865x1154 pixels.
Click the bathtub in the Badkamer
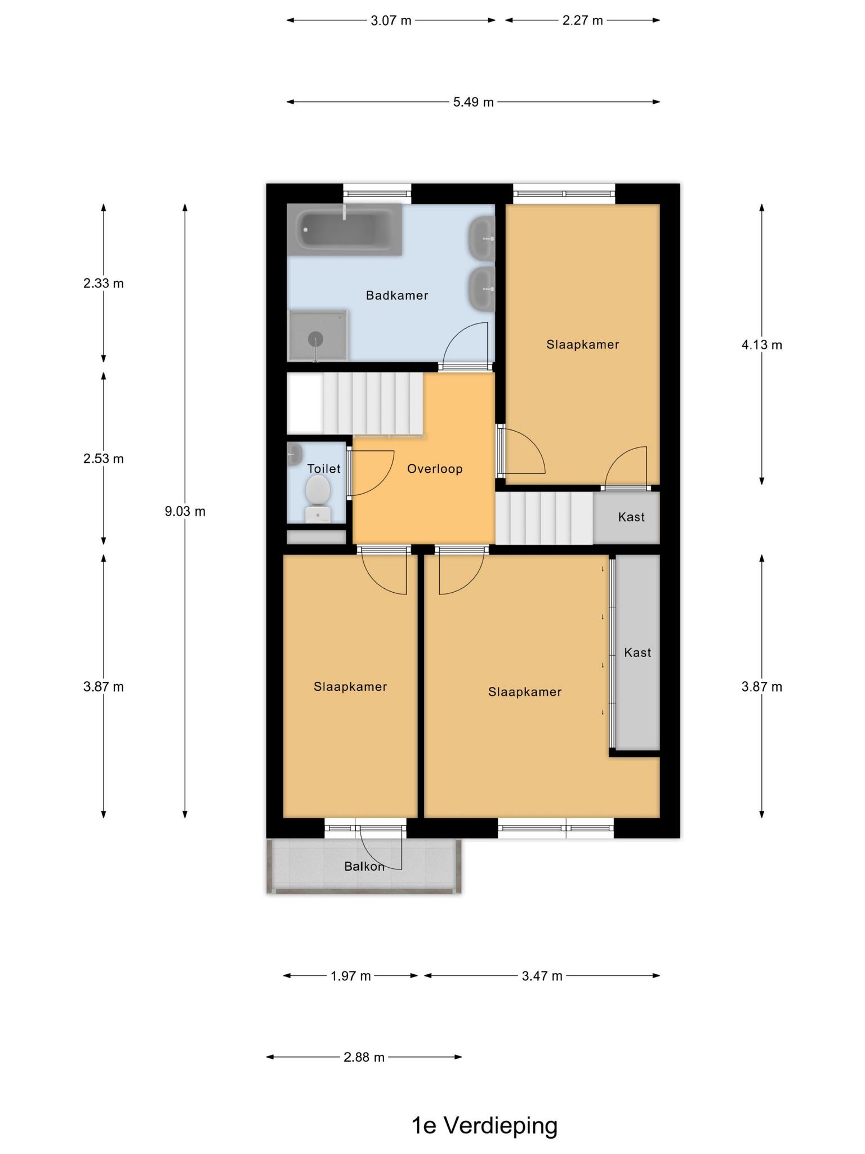(344, 230)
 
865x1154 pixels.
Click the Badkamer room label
(397, 295)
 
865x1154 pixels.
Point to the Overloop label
(435, 469)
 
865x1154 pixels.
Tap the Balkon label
(364, 867)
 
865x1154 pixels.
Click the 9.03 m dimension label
(185, 512)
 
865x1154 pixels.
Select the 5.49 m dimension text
(473, 102)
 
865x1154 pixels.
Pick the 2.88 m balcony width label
(364, 1057)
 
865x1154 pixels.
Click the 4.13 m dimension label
(762, 345)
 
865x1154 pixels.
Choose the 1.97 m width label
(350, 976)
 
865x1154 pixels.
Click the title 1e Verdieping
(484, 1126)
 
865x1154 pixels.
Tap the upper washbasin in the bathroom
(481, 238)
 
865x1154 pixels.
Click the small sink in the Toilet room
(295, 454)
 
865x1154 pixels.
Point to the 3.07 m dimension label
(391, 21)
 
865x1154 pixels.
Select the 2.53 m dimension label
(104, 459)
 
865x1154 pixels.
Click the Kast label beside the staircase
(631, 517)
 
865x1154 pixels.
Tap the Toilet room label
(324, 469)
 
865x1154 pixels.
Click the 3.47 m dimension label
(542, 976)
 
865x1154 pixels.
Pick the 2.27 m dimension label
(582, 21)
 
